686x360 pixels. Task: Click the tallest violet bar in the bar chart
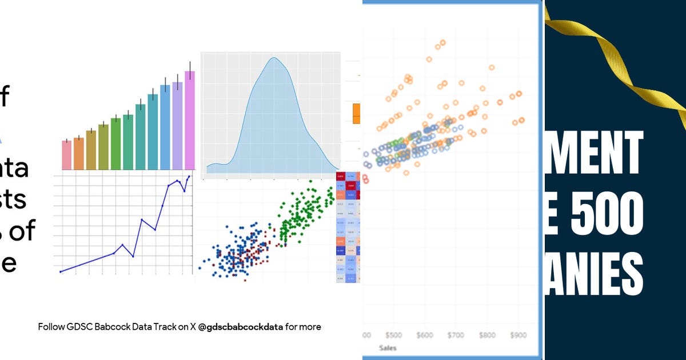pyautogui.click(x=190, y=120)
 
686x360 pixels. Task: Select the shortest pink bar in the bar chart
pyautogui.click(x=66, y=155)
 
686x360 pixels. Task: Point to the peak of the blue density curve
pyautogui.click(x=274, y=58)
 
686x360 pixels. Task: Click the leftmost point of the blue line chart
pyautogui.click(x=61, y=271)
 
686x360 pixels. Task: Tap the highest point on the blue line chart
pyautogui.click(x=189, y=177)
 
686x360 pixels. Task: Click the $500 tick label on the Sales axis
pyautogui.click(x=394, y=335)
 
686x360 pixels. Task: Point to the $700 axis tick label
pyautogui.click(x=456, y=335)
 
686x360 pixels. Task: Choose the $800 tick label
pyautogui.click(x=488, y=335)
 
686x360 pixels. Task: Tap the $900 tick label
pyautogui.click(x=519, y=335)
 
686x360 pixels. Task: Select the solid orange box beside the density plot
pyautogui.click(x=357, y=114)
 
